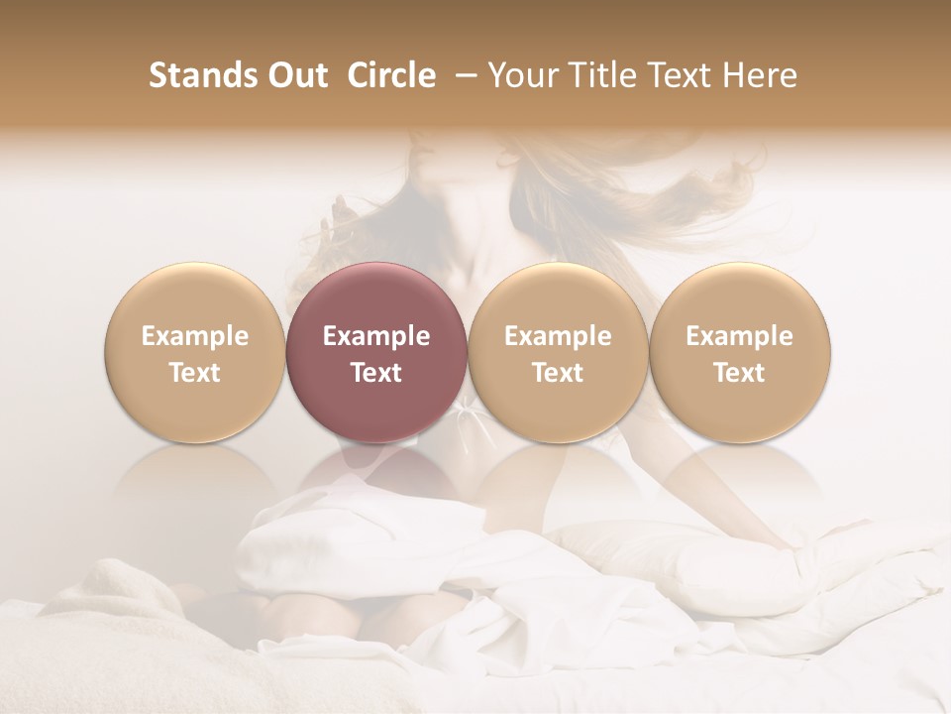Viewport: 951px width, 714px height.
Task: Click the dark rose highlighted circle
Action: tap(375, 297)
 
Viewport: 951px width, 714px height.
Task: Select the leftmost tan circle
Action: tap(194, 297)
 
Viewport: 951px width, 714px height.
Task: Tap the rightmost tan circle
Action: tap(739, 297)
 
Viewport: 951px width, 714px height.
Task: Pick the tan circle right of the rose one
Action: tap(558, 297)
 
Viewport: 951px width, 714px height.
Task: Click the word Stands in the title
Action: tap(201, 75)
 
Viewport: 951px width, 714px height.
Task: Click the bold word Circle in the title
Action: tap(389, 75)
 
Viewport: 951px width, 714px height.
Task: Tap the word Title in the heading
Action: tap(605, 75)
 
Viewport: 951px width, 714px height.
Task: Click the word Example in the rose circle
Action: tap(375, 336)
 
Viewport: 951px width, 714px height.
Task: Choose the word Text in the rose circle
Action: tap(375, 373)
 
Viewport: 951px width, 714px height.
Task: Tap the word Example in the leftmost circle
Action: tap(194, 336)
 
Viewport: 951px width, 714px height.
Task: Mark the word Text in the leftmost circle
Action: tap(194, 373)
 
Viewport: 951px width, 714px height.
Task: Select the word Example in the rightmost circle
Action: tap(739, 336)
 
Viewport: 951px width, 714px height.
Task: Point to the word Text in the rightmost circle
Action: tap(739, 373)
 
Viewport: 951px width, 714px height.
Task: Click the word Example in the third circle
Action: tap(558, 336)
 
